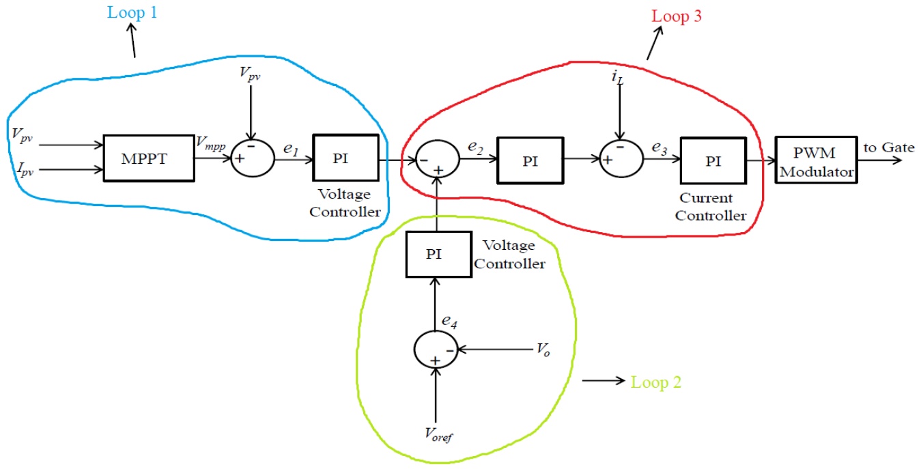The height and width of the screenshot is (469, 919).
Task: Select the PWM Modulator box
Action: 816,158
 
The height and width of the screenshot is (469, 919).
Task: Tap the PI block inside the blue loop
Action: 345,158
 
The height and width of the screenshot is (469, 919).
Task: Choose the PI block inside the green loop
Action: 434,254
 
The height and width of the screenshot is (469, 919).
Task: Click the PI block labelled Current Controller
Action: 712,158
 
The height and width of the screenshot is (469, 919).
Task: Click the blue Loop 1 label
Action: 132,13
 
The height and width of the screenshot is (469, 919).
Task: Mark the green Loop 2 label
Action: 656,382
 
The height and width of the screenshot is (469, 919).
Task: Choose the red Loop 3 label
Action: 677,16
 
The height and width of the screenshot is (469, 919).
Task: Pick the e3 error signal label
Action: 659,148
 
